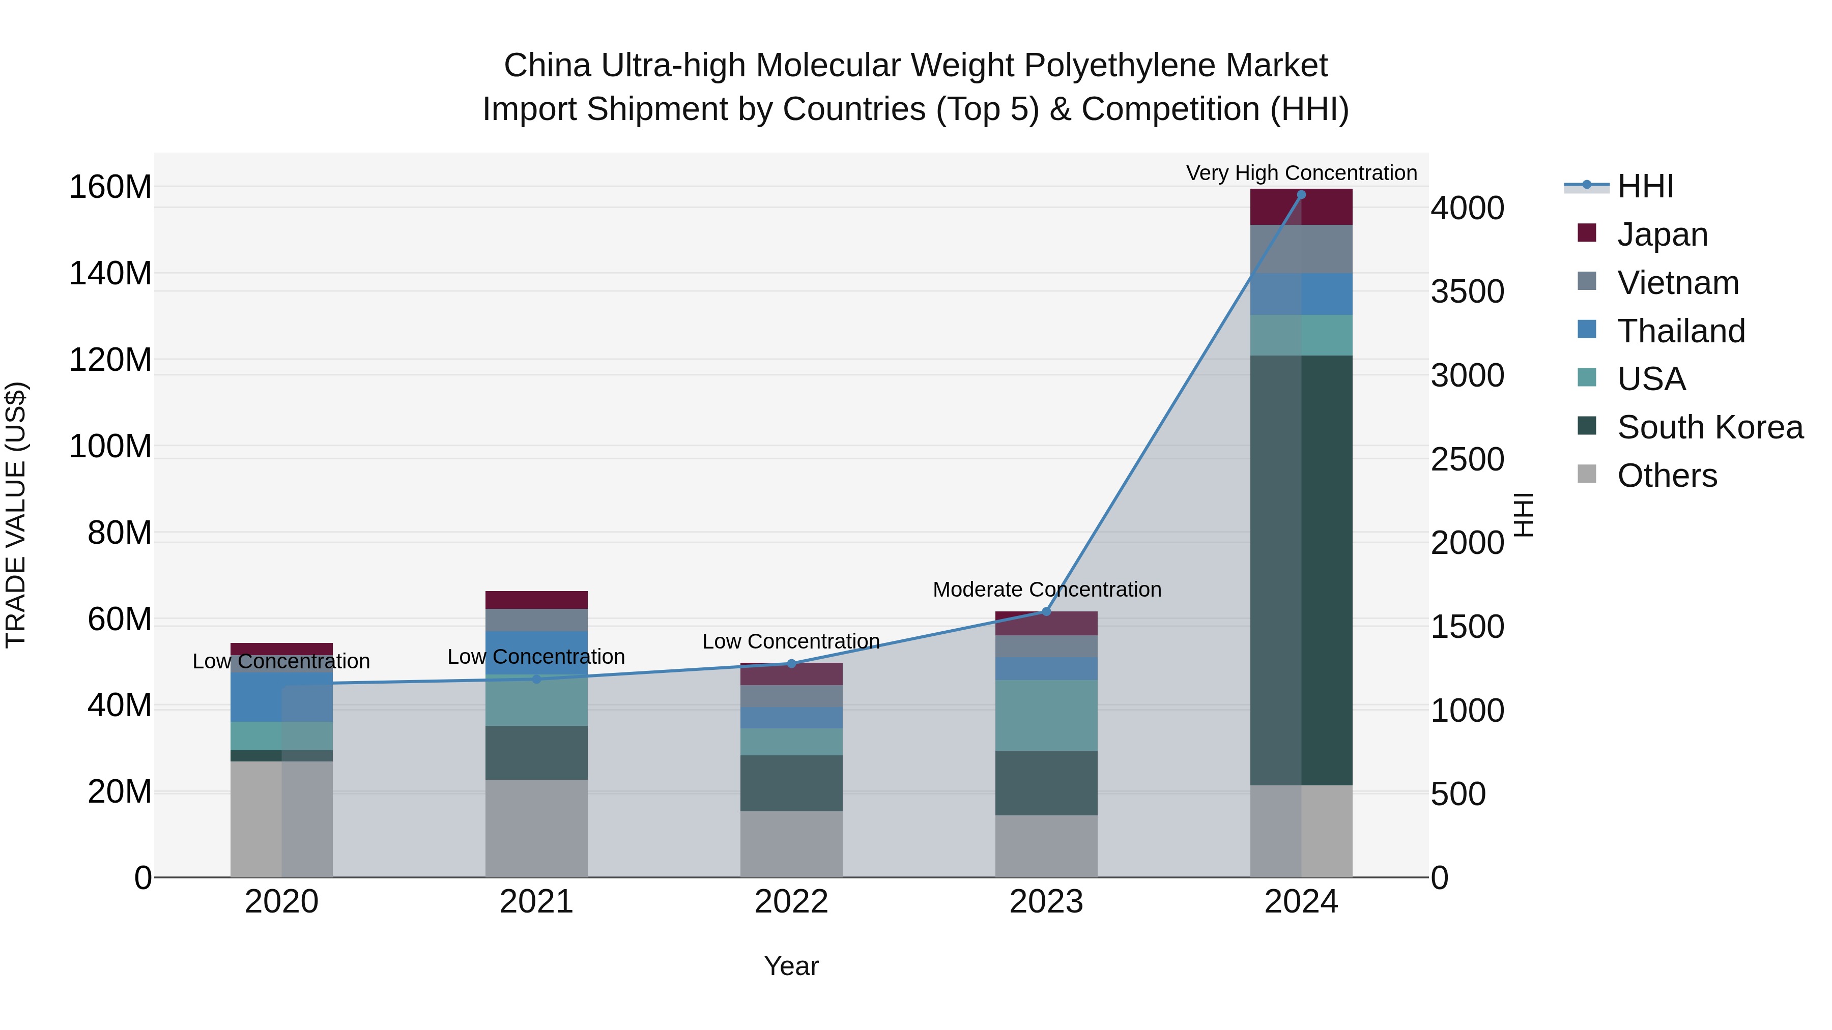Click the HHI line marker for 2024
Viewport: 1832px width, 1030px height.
coord(1301,195)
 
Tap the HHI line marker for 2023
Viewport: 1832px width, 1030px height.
coord(1046,611)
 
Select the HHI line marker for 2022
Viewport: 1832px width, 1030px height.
coord(791,664)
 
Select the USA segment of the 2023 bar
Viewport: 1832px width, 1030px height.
coord(1046,715)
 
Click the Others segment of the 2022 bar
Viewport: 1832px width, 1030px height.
coord(791,844)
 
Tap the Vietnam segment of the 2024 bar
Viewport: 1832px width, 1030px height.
coord(1301,249)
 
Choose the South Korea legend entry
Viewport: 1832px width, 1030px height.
coord(1710,427)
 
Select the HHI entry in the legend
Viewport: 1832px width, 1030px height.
coord(1645,186)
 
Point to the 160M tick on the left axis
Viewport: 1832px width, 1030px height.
coord(110,188)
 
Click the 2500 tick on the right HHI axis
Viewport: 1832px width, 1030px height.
coord(1467,459)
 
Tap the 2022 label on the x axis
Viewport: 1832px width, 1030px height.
coord(791,902)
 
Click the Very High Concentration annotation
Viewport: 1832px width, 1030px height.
coord(1301,173)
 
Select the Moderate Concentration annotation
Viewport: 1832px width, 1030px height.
coord(1046,590)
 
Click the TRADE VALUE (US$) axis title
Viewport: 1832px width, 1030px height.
coord(16,515)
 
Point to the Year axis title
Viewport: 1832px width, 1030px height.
coord(791,966)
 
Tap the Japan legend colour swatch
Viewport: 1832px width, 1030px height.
coord(1587,233)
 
